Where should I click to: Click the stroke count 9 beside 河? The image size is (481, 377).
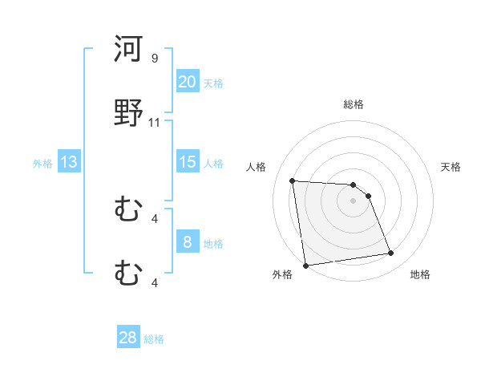pos(155,59)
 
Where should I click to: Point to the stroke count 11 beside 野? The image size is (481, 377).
pos(155,123)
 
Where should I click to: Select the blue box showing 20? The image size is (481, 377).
pos(188,81)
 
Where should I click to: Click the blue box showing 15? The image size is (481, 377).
pos(188,162)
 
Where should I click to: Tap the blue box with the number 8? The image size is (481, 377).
pos(188,242)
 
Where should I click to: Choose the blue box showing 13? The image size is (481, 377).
pos(69,162)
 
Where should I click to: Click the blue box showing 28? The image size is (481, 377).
pos(128,338)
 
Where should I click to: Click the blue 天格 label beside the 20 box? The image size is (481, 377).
pos(213,83)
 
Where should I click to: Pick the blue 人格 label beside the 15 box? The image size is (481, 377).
pos(213,164)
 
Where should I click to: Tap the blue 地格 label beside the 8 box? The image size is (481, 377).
pos(213,244)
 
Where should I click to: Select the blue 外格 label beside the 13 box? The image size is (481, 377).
pos(42,164)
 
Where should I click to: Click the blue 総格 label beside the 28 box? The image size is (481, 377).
pos(154,339)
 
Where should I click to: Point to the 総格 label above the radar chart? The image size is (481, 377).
pos(354,104)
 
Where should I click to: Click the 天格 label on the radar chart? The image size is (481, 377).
pos(451,167)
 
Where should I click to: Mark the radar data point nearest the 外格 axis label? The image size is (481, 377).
pos(305,265)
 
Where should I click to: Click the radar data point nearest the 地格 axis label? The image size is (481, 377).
pos(391,253)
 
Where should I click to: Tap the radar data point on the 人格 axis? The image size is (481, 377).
pos(293,180)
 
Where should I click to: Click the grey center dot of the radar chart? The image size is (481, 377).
pos(353,201)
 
